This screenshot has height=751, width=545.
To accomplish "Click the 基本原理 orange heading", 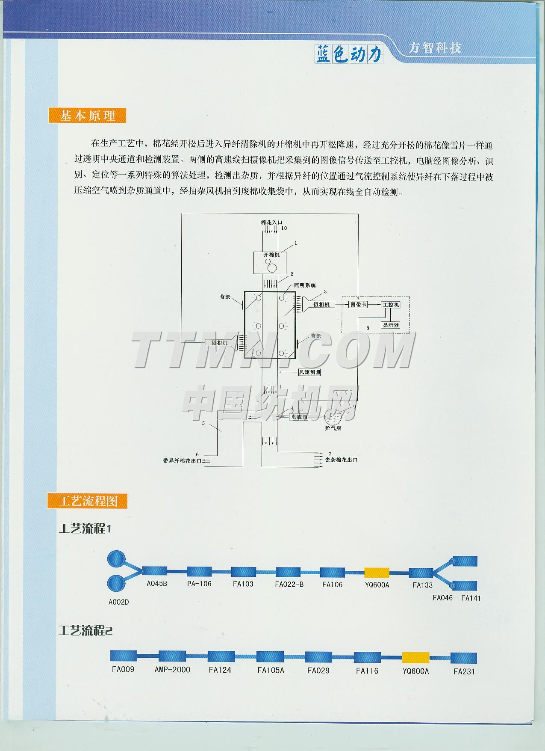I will pyautogui.click(x=88, y=116).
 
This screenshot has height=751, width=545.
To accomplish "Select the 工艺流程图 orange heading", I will pyautogui.click(x=88, y=501).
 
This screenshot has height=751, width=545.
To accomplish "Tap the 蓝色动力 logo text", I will pyautogui.click(x=348, y=54).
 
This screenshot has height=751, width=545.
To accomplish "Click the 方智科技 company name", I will pyautogui.click(x=435, y=48).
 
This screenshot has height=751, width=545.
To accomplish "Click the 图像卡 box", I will pyautogui.click(x=358, y=304).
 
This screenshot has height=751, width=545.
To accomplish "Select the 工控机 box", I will pyautogui.click(x=390, y=304).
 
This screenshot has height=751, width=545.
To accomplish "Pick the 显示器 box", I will pyautogui.click(x=390, y=325).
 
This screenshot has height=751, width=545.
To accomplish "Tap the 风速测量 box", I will pyautogui.click(x=309, y=372).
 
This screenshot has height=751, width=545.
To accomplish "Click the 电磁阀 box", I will pyautogui.click(x=299, y=416).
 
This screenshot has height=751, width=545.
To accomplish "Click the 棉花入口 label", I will pyautogui.click(x=271, y=223).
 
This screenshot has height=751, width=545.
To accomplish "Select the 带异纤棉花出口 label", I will pyautogui.click(x=182, y=461).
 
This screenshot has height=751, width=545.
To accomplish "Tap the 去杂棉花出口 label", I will pyautogui.click(x=341, y=460).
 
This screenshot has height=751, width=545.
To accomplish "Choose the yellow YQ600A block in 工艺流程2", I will pyautogui.click(x=415, y=657).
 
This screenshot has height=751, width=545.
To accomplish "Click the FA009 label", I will pyautogui.click(x=123, y=669).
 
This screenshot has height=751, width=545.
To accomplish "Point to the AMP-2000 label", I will pyautogui.click(x=172, y=670).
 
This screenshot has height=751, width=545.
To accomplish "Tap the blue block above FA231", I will pyautogui.click(x=464, y=658).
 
